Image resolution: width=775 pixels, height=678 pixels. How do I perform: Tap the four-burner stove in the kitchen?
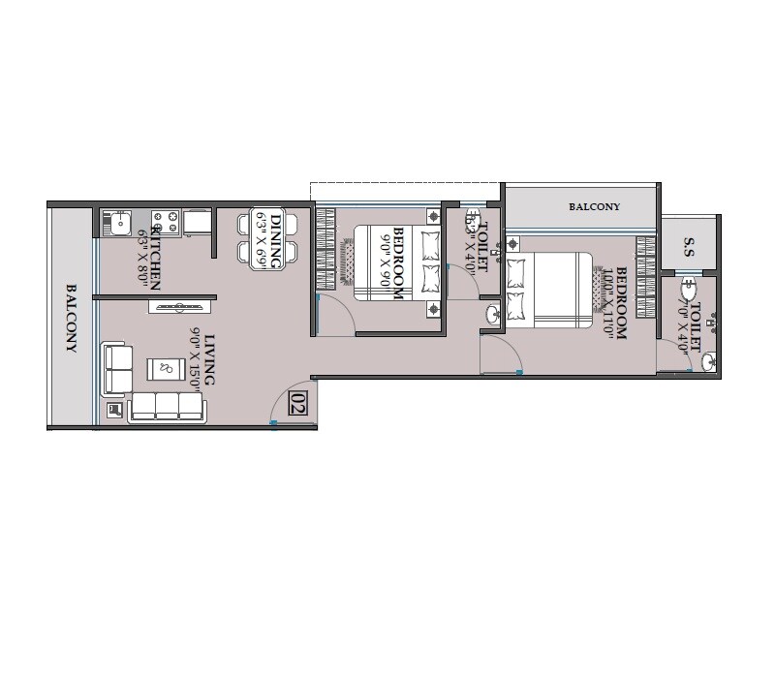165,224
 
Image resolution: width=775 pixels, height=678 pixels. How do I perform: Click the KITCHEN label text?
154,261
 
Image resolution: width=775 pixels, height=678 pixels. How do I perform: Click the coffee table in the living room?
163,369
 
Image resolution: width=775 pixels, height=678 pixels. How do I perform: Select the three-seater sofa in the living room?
167,407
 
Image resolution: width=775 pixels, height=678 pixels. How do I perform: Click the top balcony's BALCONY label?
594,207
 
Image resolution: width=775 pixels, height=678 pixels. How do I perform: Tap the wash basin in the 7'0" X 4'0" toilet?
708,363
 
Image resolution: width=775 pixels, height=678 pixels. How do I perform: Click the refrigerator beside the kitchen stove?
198,223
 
